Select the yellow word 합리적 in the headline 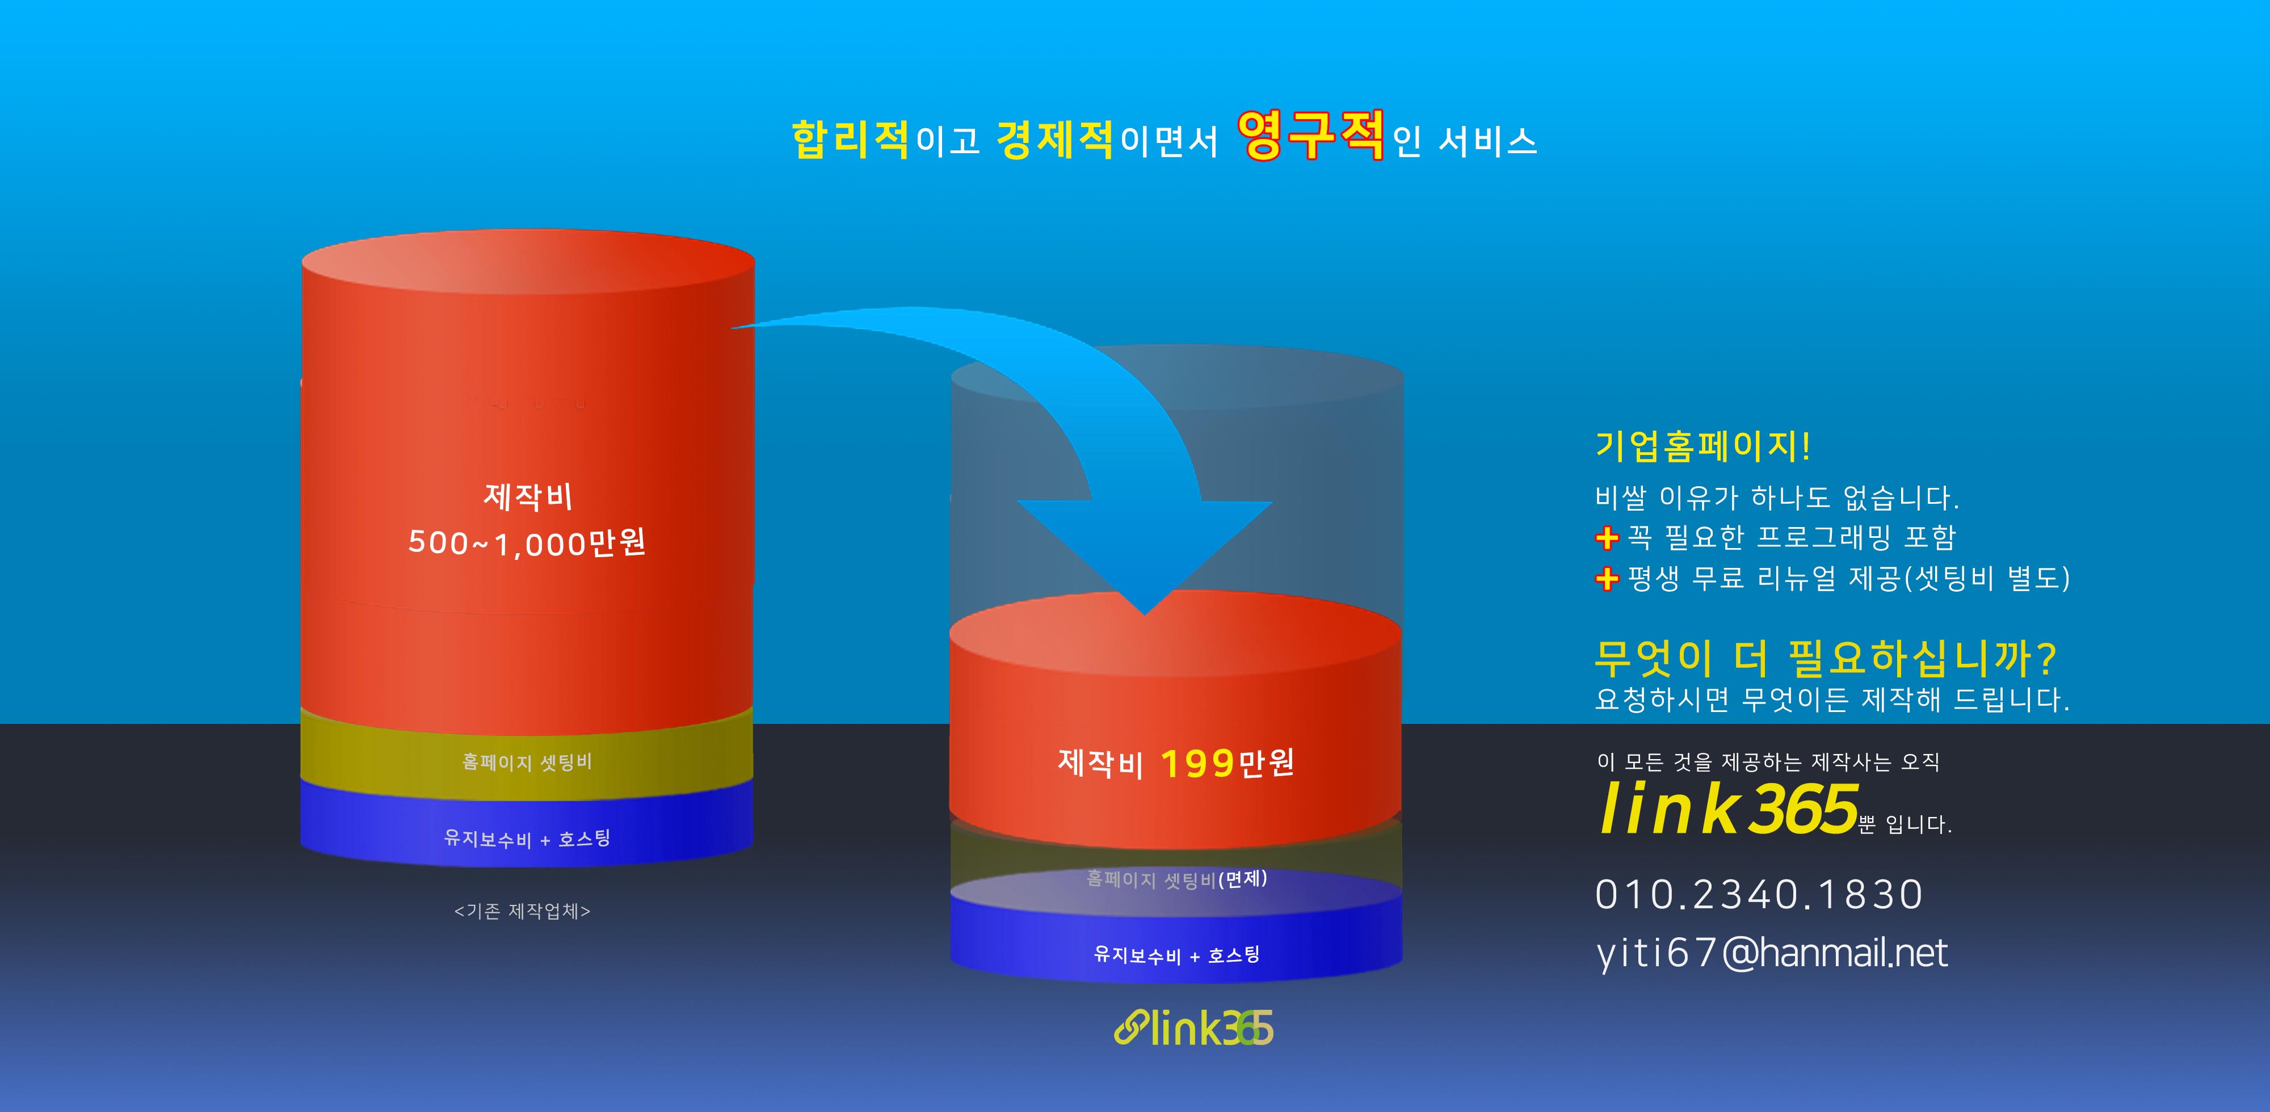point(850,139)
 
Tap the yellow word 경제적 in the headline point(1055,139)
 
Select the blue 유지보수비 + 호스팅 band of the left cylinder point(527,833)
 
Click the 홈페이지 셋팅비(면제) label point(1176,878)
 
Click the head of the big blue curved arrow point(1145,555)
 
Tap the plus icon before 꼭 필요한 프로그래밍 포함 point(1607,537)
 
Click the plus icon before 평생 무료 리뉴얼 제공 point(1607,579)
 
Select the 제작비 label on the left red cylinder point(528,496)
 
